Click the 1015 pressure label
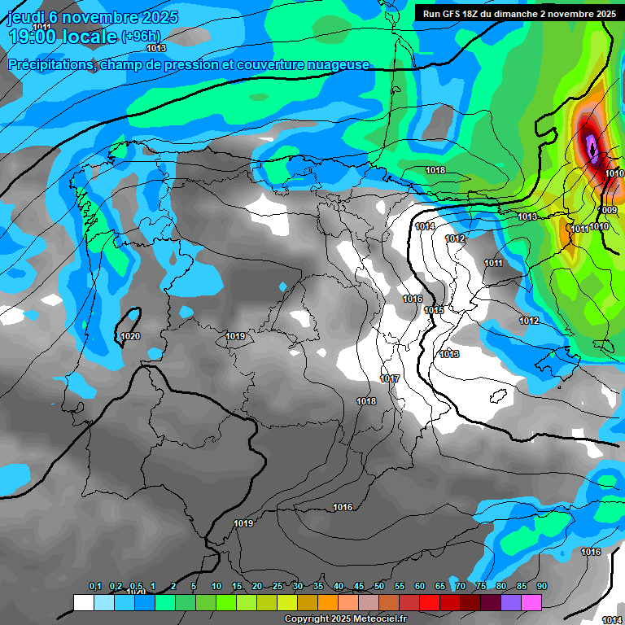(434, 310)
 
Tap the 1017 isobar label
(390, 379)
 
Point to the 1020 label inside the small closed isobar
(129, 336)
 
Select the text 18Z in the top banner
(474, 14)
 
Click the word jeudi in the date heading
(26, 17)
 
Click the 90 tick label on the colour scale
(541, 587)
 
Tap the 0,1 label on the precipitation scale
(95, 587)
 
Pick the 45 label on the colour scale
(359, 587)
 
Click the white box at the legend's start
(83, 602)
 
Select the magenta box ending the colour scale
(531, 602)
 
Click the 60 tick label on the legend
(420, 587)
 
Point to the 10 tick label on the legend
(216, 587)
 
